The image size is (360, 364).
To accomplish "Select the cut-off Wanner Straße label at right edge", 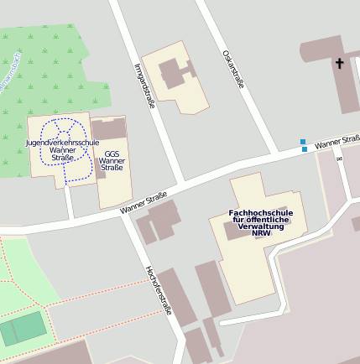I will (337, 142).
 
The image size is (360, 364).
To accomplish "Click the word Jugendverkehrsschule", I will (62, 143).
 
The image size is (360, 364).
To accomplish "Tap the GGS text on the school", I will (112, 153).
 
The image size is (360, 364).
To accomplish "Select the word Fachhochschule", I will (261, 213).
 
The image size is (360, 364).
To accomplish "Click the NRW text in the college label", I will (261, 233).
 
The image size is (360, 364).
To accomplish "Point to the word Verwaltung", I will (261, 226).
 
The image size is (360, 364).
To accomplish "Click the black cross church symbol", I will (340, 63).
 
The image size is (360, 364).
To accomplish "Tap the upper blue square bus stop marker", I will (303, 142).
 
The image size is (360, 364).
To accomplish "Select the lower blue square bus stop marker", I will (305, 149).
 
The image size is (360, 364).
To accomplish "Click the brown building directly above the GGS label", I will (108, 129).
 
